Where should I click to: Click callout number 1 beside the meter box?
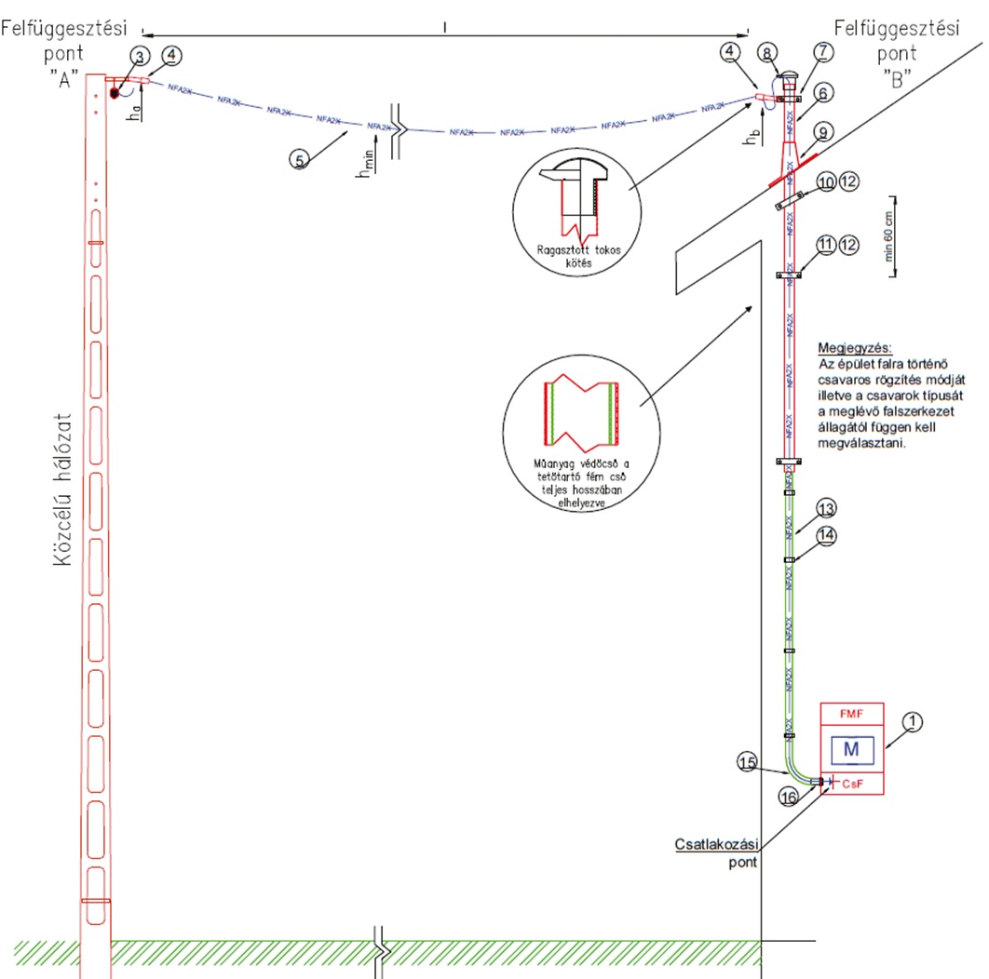point(914,720)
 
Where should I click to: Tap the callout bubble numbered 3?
point(139,58)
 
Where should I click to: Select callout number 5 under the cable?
point(299,160)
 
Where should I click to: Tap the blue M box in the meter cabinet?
point(850,749)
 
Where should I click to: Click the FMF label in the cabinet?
point(850,714)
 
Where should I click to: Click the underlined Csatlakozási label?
point(717,845)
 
